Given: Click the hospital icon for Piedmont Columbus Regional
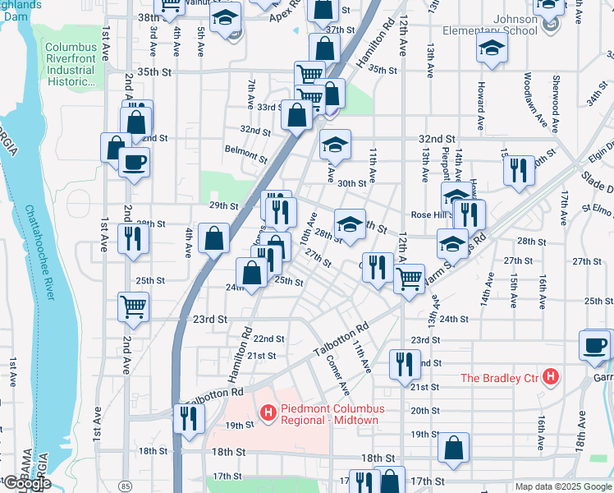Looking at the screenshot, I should click(x=267, y=411).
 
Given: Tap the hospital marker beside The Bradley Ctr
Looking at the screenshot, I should click(x=551, y=377).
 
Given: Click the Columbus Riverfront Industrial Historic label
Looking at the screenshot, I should click(x=71, y=64).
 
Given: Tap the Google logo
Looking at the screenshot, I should click(x=26, y=483).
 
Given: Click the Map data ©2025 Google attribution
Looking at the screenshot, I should click(x=563, y=486).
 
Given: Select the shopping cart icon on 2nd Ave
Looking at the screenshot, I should click(x=133, y=306).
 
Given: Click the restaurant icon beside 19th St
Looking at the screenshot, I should click(x=189, y=417).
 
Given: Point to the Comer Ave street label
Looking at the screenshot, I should click(x=337, y=374).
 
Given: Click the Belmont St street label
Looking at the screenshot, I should click(x=246, y=153).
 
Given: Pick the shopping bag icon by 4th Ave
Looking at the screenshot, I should click(x=213, y=239).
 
